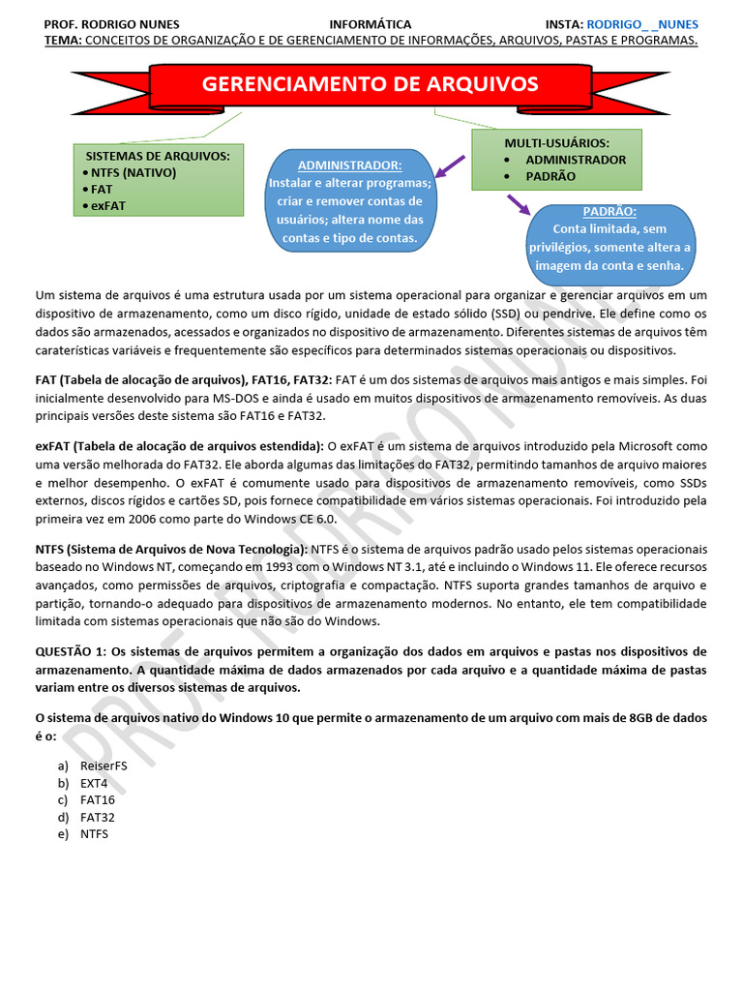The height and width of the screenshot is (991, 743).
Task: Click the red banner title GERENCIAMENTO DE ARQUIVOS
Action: point(370,84)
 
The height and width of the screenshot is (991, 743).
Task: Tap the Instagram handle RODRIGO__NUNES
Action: point(642,24)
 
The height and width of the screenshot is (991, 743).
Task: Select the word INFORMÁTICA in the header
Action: point(371,24)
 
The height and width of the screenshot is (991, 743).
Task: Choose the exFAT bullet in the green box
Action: point(108,205)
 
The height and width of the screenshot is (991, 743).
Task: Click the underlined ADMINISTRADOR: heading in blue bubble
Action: point(349,165)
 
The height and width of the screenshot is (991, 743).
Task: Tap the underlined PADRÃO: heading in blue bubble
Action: point(610,212)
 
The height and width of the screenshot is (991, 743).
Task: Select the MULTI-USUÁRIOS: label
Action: point(556,143)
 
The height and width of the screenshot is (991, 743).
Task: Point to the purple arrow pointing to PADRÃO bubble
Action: point(519,204)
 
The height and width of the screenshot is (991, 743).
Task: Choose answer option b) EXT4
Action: point(94,782)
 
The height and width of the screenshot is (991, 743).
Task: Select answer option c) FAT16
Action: point(97,799)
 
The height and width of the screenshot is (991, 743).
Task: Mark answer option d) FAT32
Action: point(97,817)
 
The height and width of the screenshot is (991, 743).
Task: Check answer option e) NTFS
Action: point(94,833)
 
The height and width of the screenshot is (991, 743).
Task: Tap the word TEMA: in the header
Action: point(63,40)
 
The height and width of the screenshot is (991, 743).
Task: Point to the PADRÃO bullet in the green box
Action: point(550,176)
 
